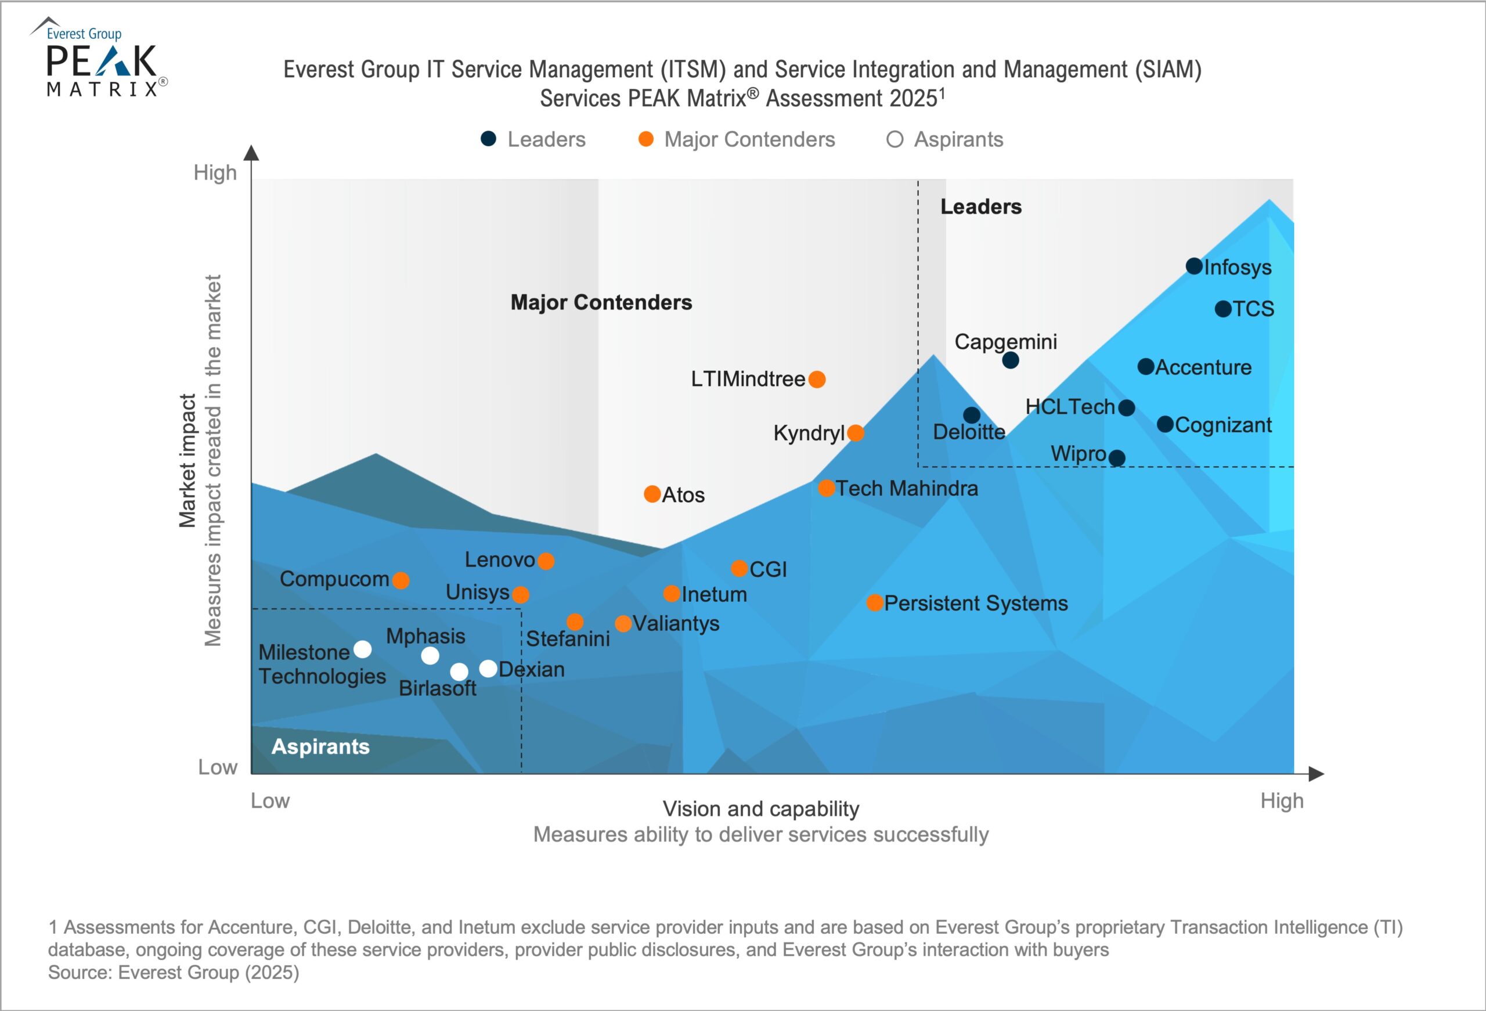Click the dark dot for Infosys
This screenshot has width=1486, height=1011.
pos(1194,266)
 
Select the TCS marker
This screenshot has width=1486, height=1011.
pos(1222,309)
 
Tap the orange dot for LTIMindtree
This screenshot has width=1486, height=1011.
pos(817,379)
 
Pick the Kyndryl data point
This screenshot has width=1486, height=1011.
pos(856,433)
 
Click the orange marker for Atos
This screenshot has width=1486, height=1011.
pos(651,494)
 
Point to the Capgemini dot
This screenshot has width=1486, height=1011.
pos(1010,360)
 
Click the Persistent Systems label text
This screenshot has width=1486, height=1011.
pos(976,603)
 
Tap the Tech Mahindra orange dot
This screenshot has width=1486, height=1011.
pos(826,489)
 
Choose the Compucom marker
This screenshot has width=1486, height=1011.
pos(401,580)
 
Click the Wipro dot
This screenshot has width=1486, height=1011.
pos(1117,458)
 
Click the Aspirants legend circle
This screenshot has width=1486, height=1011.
pos(895,139)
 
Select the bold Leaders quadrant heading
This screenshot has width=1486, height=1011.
pos(980,207)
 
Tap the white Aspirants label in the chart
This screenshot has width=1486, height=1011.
pos(320,746)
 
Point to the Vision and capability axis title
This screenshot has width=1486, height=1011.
pos(760,809)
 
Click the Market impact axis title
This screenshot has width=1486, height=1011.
pos(187,460)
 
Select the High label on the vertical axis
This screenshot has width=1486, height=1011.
pos(215,172)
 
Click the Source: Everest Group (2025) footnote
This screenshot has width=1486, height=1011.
pos(174,973)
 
